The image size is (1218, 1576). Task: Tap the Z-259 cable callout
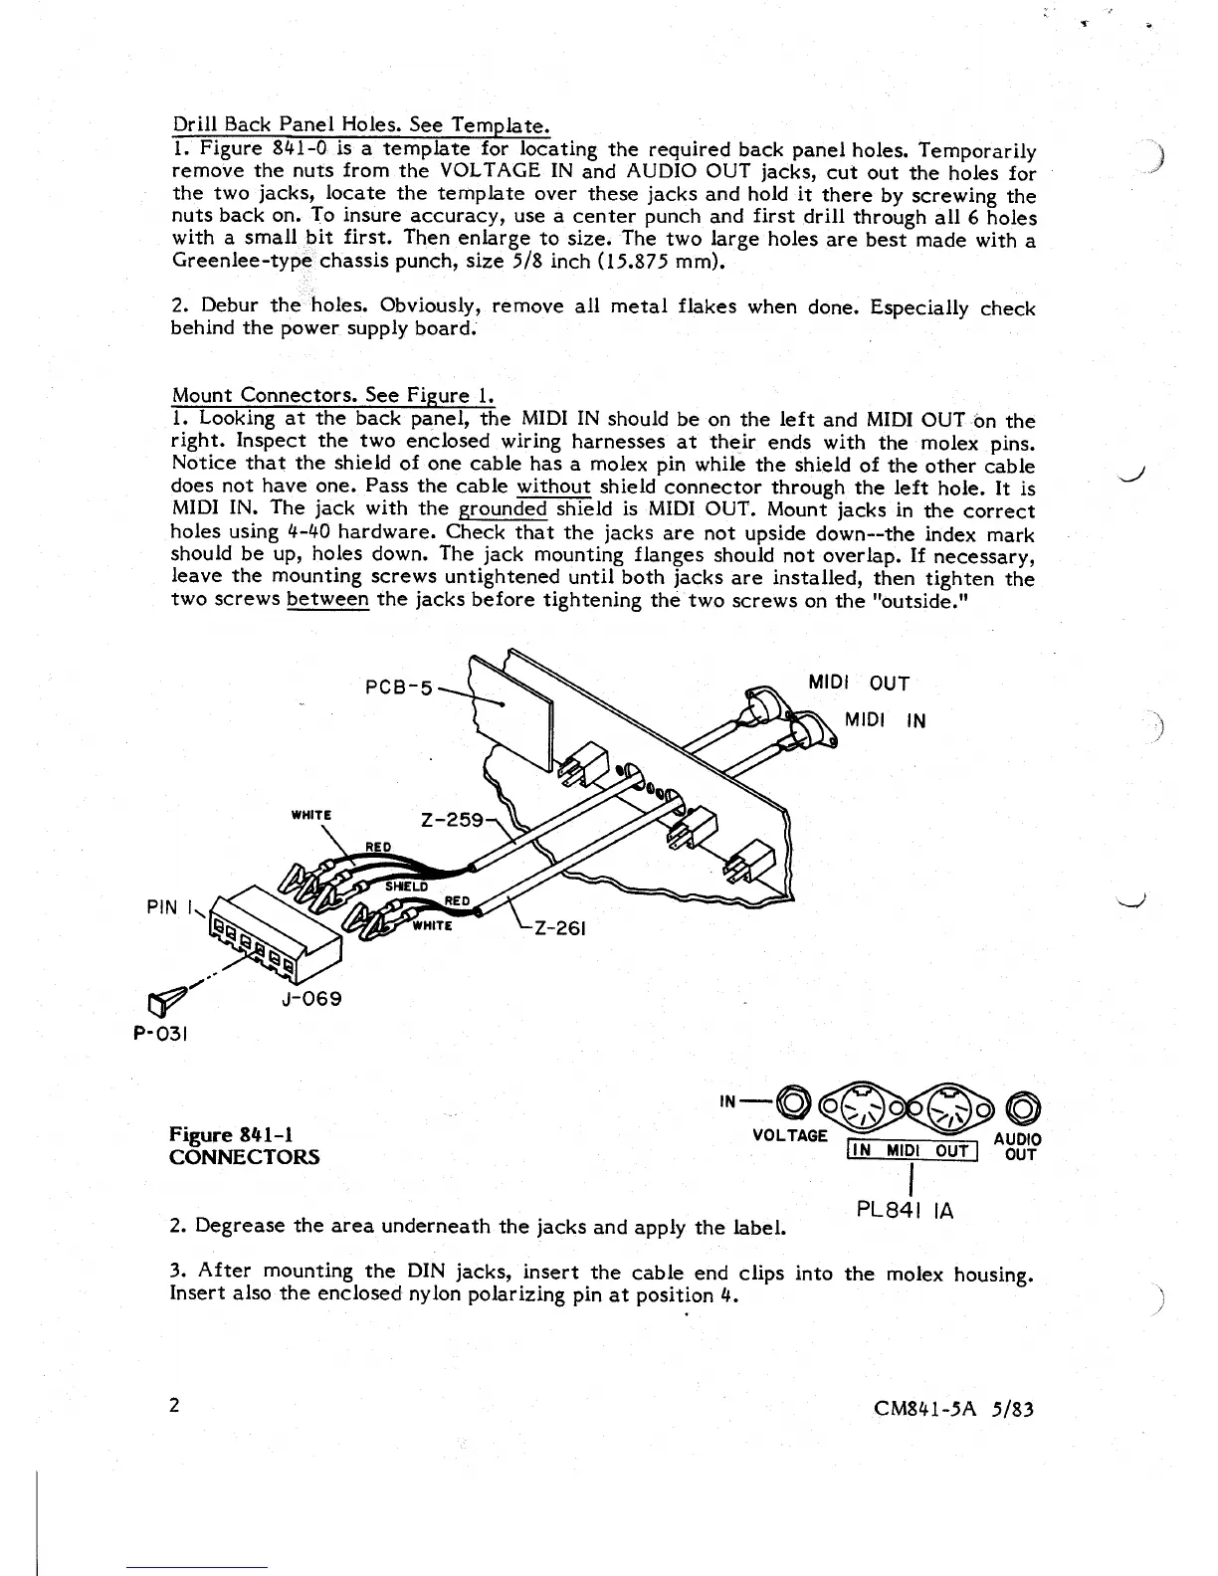tap(453, 821)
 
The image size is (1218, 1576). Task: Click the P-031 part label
tap(160, 1033)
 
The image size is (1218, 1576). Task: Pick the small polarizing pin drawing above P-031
tap(164, 1002)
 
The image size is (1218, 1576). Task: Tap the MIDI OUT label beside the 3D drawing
tap(857, 684)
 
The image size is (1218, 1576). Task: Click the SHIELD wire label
tap(406, 886)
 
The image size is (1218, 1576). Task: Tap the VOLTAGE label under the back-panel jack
tap(790, 1135)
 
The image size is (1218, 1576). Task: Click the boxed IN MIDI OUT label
tap(912, 1151)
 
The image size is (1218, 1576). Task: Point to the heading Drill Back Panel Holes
tap(360, 125)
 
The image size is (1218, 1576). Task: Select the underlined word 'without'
tap(554, 488)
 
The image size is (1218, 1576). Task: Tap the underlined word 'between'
tap(327, 600)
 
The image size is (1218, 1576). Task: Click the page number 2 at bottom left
tap(174, 1405)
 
